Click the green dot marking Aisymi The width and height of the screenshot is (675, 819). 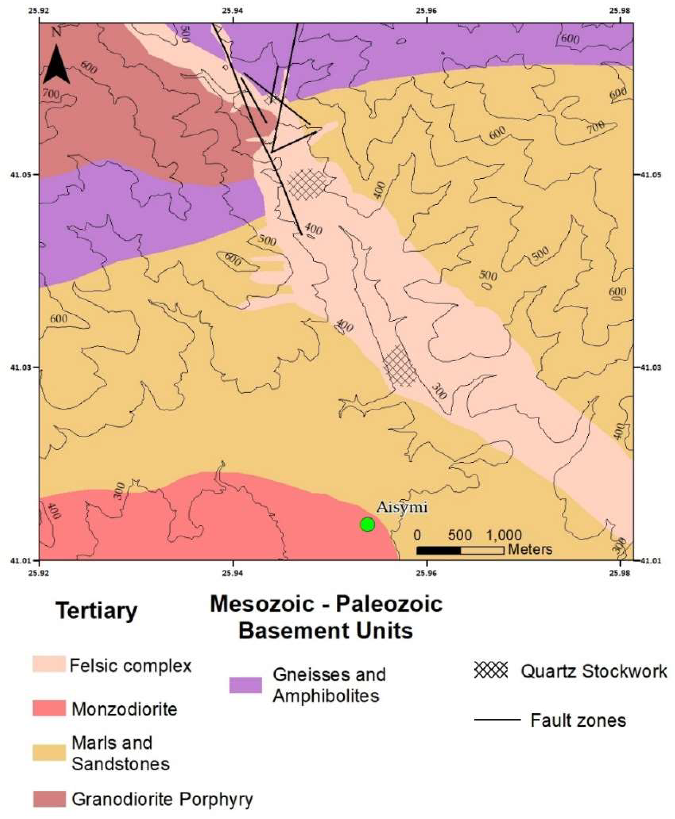tap(367, 524)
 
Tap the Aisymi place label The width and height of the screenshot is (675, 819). tap(402, 507)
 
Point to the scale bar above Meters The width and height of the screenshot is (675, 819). tap(460, 550)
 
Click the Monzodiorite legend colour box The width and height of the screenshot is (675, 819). tap(49, 708)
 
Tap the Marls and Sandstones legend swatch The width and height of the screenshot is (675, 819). tap(49, 753)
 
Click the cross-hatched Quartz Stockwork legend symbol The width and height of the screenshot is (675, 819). tap(491, 670)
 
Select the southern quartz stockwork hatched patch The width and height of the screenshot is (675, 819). tap(400, 366)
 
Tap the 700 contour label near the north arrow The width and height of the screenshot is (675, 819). tap(51, 94)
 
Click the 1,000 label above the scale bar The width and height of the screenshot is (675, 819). tap(504, 535)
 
